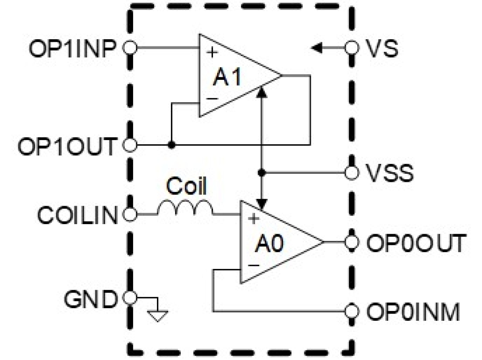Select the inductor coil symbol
(x=184, y=209)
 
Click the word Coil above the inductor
(x=186, y=188)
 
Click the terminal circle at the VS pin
(x=350, y=48)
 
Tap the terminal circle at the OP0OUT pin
(x=350, y=243)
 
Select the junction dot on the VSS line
(x=262, y=173)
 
